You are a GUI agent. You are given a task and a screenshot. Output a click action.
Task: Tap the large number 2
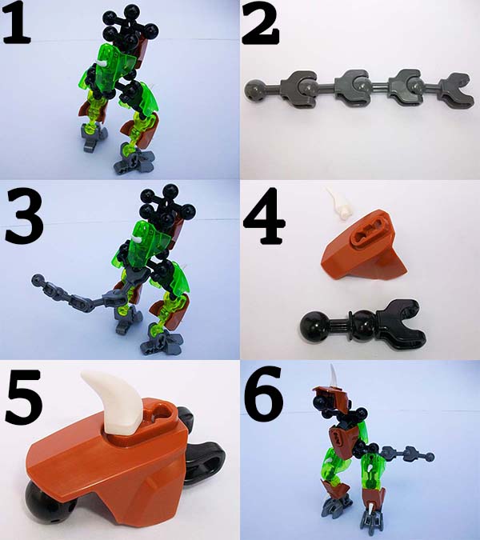click(x=261, y=23)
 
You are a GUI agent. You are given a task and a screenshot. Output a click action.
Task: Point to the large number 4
click(x=264, y=216)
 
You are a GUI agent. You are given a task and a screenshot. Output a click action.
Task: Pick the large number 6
click(x=263, y=390)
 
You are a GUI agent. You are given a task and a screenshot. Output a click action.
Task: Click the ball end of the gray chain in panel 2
click(x=254, y=90)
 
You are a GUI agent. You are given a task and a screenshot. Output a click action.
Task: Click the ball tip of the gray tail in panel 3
click(x=38, y=278)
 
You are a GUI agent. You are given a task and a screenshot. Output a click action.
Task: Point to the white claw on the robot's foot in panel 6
click(x=372, y=518)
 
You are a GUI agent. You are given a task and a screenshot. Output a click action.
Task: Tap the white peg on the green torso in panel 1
click(x=101, y=64)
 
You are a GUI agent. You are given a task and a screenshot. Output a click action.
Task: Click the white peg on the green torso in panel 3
click(x=138, y=239)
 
